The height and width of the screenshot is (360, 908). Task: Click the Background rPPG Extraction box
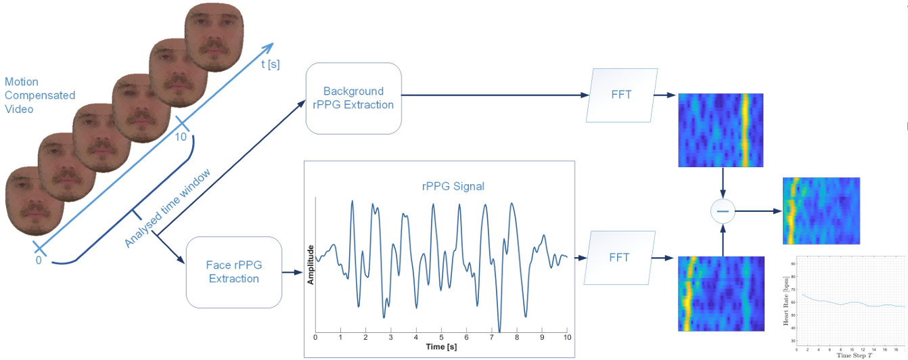tap(353, 98)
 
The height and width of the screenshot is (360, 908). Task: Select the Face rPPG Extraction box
tap(233, 271)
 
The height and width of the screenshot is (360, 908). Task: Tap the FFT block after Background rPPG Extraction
tap(620, 94)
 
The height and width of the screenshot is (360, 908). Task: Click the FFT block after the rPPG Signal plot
tap(619, 257)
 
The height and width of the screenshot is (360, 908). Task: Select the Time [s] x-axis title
tap(441, 346)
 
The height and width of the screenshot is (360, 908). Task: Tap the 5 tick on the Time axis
tap(441, 336)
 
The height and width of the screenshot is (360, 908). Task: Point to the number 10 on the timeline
tap(181, 137)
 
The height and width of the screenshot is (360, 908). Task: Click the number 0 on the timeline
tap(38, 260)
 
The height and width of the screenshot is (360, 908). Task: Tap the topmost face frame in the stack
tap(214, 35)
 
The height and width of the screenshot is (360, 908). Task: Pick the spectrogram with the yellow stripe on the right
tap(721, 130)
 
